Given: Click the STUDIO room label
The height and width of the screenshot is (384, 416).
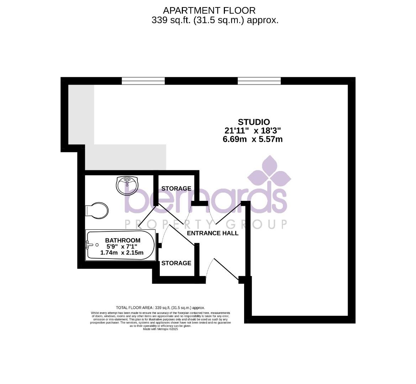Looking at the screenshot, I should pos(254,122).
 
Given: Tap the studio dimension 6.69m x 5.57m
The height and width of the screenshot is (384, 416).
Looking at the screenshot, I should pos(252,139).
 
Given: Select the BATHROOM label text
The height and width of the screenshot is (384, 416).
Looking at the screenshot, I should pos(122,240).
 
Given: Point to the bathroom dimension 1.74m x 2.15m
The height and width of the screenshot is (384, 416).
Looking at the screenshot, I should pos(122,253).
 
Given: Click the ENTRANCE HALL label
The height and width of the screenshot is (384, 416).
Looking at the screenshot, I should pos(212,233).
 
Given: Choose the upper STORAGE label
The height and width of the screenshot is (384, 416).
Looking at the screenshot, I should pos(176,188).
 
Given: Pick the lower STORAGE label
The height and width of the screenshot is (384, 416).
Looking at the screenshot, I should pos(176,263).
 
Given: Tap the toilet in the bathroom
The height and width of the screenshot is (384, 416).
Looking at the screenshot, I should pos(97,210).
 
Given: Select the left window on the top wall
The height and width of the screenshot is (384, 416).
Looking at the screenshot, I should pos(143,81).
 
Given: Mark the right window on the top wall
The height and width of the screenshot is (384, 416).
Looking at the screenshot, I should pos(259,81).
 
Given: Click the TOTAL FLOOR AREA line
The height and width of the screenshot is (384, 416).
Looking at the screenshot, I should pos(160,308).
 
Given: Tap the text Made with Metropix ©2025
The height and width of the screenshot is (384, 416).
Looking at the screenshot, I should pos(160,329).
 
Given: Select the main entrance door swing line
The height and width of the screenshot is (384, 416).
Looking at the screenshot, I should pos(226,270).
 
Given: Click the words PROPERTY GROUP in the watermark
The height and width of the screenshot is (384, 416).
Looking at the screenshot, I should pos(205,224).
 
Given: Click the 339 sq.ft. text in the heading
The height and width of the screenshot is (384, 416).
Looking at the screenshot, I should pos(167,20).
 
